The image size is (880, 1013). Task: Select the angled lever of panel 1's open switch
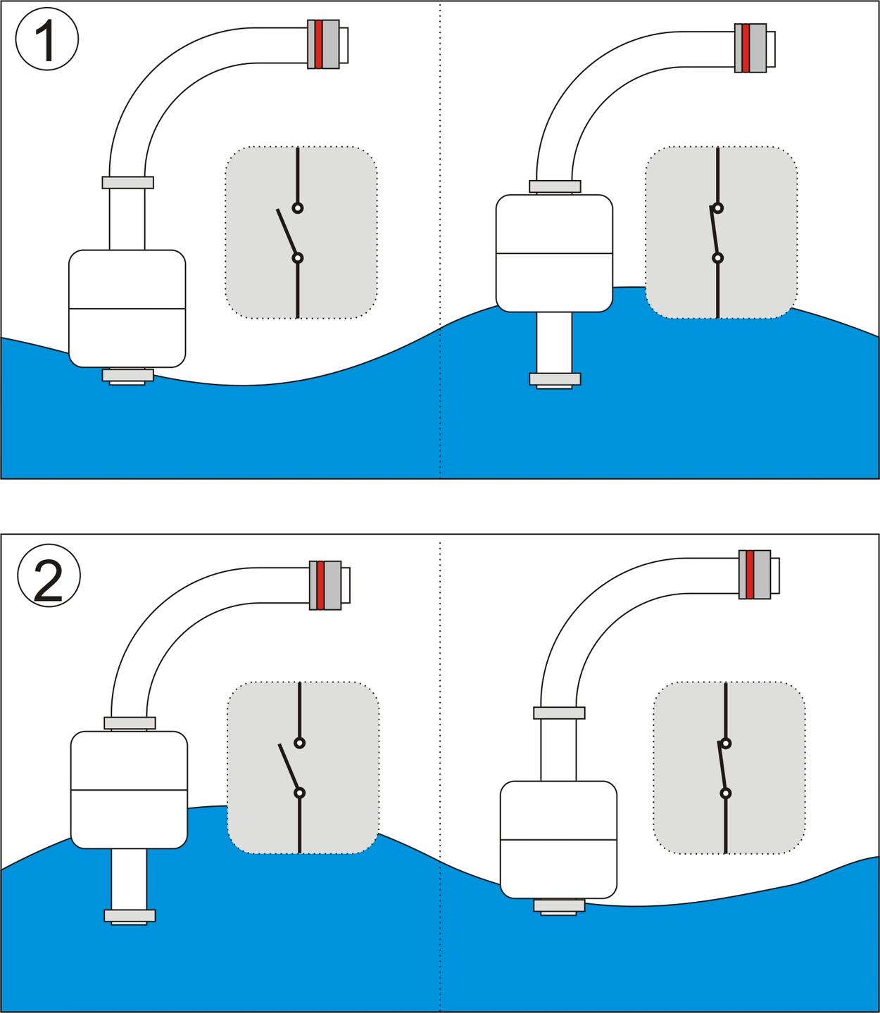click(287, 234)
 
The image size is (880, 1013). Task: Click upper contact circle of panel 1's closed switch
click(717, 208)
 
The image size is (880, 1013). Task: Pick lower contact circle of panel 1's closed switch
click(717, 258)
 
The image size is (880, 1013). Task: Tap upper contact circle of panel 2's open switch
click(300, 743)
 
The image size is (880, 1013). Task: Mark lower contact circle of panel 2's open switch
click(300, 793)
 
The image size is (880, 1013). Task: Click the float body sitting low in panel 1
click(127, 308)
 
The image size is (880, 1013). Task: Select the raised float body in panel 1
click(554, 253)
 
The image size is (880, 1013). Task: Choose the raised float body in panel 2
click(129, 789)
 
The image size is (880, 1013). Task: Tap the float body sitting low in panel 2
click(558, 839)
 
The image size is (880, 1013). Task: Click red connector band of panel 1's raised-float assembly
click(746, 48)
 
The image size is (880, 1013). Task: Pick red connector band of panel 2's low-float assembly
click(750, 574)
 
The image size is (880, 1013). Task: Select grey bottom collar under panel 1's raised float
click(555, 379)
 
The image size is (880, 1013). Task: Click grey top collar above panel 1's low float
click(127, 182)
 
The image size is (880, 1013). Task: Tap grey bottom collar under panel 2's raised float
click(130, 916)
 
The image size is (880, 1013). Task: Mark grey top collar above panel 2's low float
click(559, 713)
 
